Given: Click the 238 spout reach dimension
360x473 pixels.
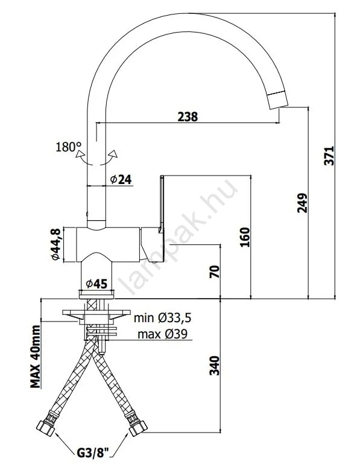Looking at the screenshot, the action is pos(188,116).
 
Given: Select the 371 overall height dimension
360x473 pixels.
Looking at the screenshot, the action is pos(329,156).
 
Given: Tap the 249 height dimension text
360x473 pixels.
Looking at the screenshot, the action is pos(302,203).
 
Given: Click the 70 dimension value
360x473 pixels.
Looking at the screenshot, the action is pos(215,271).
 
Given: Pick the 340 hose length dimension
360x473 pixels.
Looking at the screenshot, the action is pos(215,366).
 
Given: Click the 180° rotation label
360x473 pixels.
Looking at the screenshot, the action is pos(69,147).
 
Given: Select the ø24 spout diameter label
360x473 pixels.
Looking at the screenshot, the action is pos(121,180).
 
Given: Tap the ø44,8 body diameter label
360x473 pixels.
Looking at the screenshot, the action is pos(57,244).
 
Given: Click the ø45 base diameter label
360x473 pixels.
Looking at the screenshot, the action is pos(96,284).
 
